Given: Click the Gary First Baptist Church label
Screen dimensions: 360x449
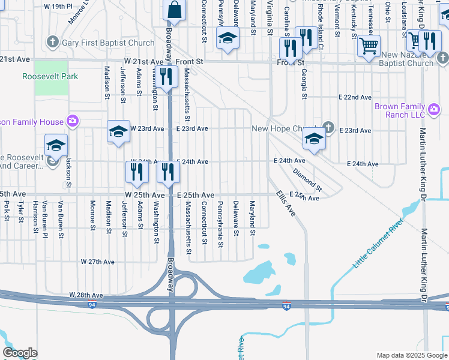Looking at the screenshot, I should [108, 43].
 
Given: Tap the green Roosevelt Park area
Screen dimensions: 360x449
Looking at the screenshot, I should [50, 85].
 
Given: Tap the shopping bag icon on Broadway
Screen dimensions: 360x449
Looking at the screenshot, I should [175, 10].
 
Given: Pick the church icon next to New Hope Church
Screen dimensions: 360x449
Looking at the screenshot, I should [328, 127].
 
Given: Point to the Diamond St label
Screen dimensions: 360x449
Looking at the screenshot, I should [307, 180].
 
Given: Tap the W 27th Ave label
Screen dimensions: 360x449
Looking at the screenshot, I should [98, 262].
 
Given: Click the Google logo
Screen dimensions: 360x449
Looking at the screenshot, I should [20, 353].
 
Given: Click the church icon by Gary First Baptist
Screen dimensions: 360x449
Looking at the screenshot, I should [53, 43].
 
